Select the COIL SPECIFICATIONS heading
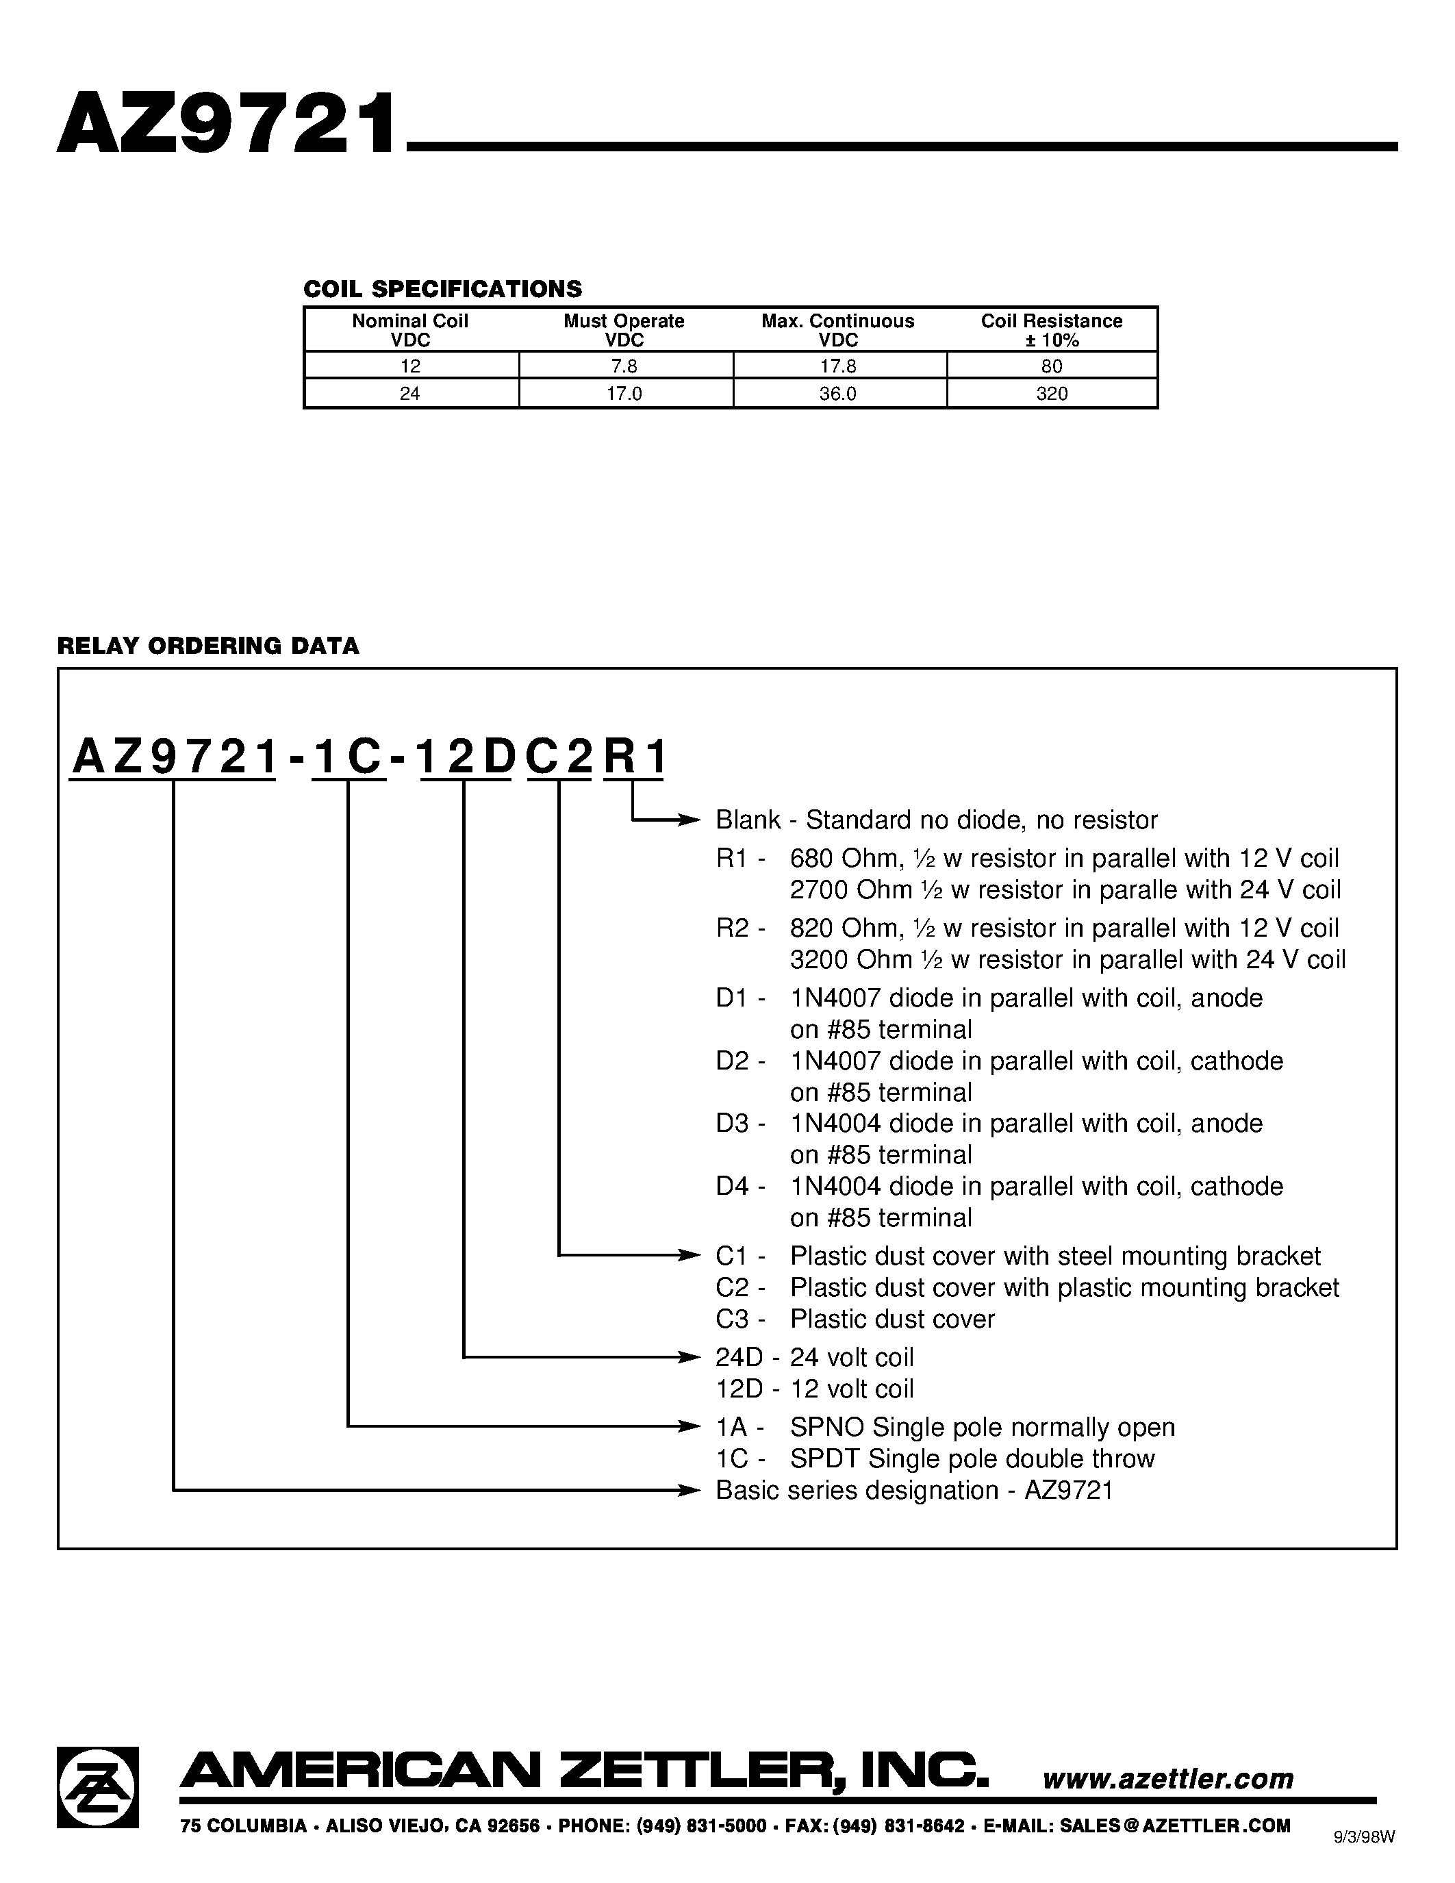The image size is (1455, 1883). pyautogui.click(x=442, y=289)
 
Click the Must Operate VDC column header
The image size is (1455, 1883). pyautogui.click(x=623, y=330)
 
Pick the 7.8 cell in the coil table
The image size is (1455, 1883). pyautogui.click(x=623, y=366)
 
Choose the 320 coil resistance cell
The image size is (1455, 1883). pyautogui.click(x=1052, y=394)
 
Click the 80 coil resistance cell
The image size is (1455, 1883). pyautogui.click(x=1052, y=366)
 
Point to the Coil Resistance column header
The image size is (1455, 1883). pyautogui.click(x=1052, y=330)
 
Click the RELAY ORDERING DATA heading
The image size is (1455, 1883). pyautogui.click(x=207, y=646)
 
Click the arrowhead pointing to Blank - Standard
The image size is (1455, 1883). pyautogui.click(x=690, y=820)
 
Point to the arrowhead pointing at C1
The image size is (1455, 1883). pyautogui.click(x=690, y=1255)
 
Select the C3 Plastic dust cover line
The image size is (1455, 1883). pyautogui.click(x=855, y=1319)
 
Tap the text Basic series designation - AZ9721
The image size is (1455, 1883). pyautogui.click(x=913, y=1490)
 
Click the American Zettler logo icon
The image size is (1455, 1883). pyautogui.click(x=97, y=1786)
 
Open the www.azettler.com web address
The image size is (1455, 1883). pyautogui.click(x=1168, y=1778)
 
